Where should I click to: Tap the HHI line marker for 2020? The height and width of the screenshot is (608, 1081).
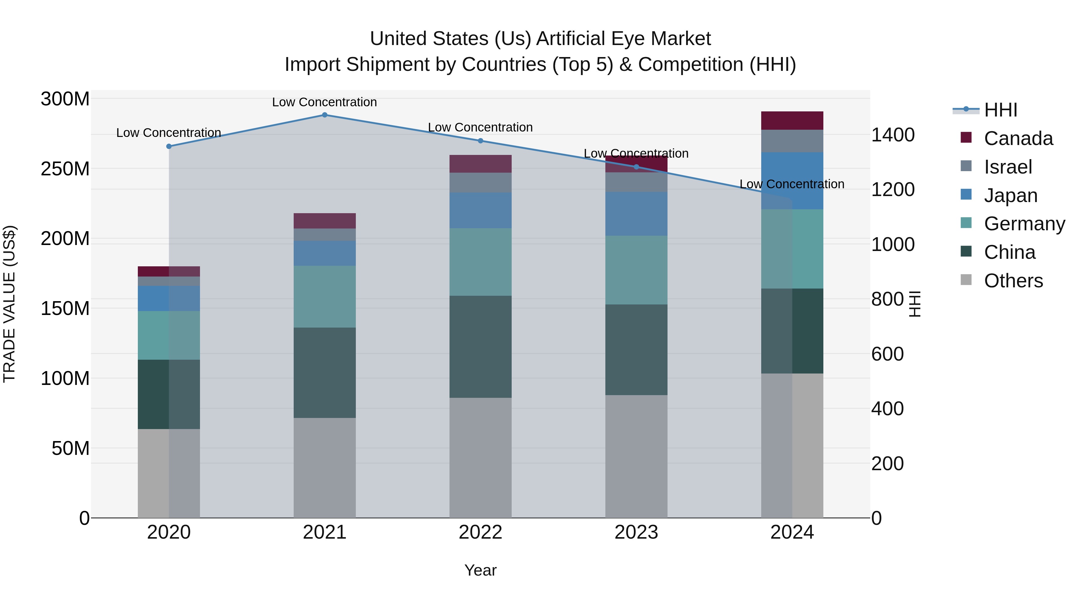pos(169,147)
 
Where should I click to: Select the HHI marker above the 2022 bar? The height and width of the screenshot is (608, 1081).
pos(480,141)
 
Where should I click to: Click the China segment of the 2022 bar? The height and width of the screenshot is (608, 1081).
pos(480,346)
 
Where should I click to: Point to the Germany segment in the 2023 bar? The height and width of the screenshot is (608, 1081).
pos(636,270)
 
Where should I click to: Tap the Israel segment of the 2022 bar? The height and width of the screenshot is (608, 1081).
pos(480,183)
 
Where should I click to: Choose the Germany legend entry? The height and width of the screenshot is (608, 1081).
pos(1024,224)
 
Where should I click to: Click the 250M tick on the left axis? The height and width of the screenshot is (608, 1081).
pos(65,169)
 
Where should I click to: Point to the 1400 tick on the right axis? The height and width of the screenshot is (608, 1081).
pos(893,135)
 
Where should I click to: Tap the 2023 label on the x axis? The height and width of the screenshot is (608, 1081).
pos(636,532)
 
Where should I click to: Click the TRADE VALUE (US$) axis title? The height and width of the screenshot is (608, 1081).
pos(9,304)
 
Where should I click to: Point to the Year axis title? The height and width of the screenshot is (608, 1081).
pos(480,570)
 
